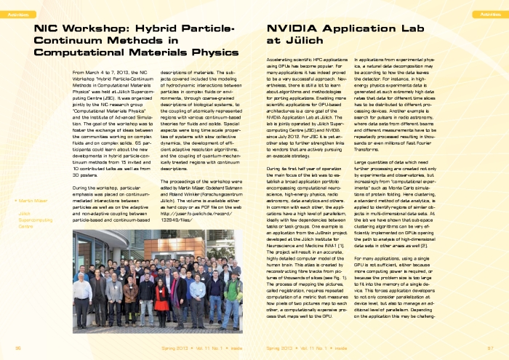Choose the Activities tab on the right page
484,14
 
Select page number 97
490,348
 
